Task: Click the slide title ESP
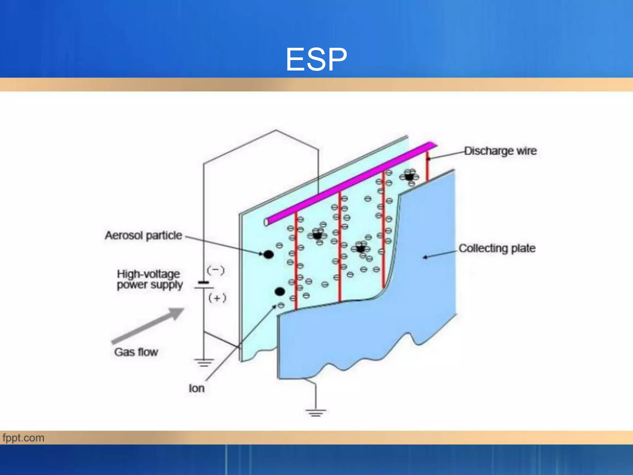coord(316,59)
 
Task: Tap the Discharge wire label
coord(500,151)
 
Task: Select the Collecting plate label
coord(497,248)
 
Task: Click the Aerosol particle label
coord(143,236)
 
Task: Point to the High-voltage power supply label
coord(150,279)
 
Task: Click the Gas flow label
coord(136,352)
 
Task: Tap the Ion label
coord(197,388)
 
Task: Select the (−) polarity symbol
coord(216,271)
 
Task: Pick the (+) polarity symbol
coord(217,298)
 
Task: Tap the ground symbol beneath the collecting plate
coord(316,413)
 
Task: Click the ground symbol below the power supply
coord(204,362)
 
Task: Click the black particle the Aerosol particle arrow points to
coord(268,255)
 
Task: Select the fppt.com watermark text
coord(23,438)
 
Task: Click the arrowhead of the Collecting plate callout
coord(425,257)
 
